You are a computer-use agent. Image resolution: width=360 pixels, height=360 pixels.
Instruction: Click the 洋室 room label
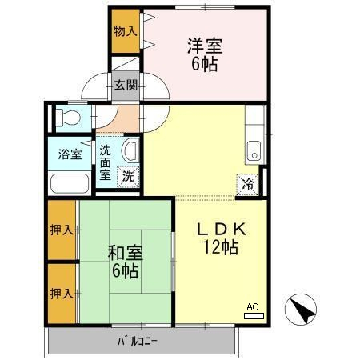click(x=205, y=46)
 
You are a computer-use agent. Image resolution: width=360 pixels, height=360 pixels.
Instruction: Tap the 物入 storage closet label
click(x=126, y=31)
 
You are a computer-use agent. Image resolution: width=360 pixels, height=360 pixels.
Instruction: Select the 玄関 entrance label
click(x=126, y=86)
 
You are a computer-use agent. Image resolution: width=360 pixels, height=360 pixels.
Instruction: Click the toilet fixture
click(x=68, y=118)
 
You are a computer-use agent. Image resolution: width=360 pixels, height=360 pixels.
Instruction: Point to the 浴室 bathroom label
click(x=70, y=154)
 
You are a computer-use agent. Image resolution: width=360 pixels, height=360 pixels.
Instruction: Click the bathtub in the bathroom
click(x=70, y=183)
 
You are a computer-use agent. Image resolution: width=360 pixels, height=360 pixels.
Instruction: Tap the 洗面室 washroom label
click(x=105, y=162)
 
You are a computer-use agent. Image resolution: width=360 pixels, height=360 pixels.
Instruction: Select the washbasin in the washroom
click(x=130, y=151)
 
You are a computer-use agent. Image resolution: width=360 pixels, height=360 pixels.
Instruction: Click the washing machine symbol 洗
click(x=128, y=177)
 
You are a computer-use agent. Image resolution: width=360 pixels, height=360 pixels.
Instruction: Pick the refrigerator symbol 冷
click(x=248, y=184)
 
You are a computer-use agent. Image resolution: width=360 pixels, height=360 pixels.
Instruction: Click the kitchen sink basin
click(x=254, y=150)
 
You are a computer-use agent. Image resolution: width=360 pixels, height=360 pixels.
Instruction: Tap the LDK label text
click(x=221, y=230)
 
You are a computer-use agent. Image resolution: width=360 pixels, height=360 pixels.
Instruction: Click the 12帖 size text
click(x=221, y=247)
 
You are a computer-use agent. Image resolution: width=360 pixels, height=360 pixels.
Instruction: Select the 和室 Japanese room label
click(x=126, y=253)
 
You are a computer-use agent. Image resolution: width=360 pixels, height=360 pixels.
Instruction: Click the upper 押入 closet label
click(x=62, y=230)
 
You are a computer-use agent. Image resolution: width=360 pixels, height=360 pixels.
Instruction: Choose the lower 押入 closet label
click(x=62, y=294)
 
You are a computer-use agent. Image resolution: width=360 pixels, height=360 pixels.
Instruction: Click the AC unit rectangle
click(x=254, y=316)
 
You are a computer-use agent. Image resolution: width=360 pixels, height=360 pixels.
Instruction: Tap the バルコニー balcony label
click(x=138, y=342)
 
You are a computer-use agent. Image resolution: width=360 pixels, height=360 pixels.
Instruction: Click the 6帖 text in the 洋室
click(x=205, y=64)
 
